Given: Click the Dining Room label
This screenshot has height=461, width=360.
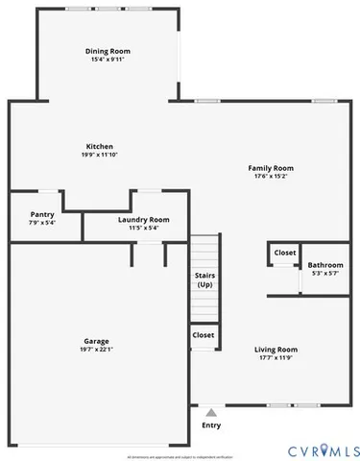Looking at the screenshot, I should [108, 51].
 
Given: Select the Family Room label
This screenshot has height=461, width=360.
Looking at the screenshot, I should [271, 167].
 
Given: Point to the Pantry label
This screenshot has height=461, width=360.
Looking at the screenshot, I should [42, 214].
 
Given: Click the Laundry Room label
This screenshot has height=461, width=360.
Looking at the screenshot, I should [144, 219].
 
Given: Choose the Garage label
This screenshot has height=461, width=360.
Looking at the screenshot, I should [96, 341].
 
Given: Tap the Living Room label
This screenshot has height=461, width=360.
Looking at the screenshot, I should [276, 350].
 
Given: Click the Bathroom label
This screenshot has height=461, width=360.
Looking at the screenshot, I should [325, 265].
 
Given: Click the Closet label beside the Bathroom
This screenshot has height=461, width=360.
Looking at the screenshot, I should [285, 253].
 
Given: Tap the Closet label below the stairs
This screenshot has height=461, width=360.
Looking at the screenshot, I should [204, 335].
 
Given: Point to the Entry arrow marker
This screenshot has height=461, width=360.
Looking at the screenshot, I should [211, 412].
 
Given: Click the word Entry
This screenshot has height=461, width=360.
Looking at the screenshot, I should [211, 425].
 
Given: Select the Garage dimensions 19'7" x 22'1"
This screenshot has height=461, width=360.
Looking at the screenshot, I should [96, 350].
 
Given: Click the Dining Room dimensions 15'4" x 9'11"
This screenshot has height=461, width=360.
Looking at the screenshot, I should [108, 60].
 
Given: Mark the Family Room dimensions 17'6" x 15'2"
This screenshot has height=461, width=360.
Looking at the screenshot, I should [271, 176].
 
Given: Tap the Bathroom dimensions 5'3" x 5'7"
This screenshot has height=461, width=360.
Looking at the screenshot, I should [325, 274].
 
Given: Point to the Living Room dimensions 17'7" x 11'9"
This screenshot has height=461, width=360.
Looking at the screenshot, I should [276, 358].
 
